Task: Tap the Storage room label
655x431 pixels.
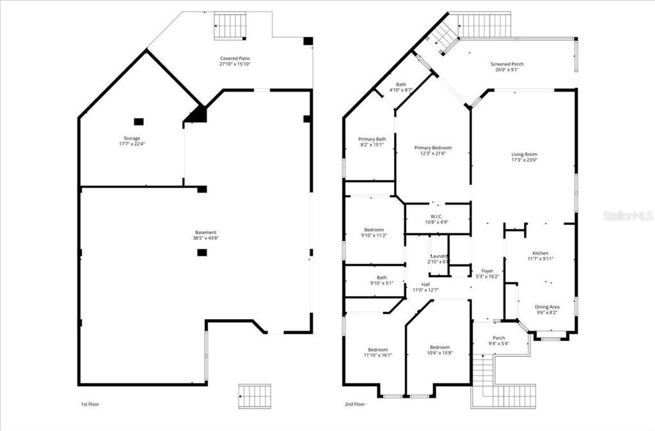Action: pos(132,138)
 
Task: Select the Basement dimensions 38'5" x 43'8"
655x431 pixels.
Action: pos(206,238)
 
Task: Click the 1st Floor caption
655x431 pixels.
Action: pos(90,404)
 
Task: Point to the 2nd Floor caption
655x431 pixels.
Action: pos(355,404)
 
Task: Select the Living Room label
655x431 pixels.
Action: pos(524,154)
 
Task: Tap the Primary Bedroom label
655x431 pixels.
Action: pos(436,148)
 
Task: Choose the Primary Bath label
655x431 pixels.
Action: pos(372,139)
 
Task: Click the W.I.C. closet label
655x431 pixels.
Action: pos(437,216)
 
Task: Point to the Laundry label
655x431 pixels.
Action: pos(439,256)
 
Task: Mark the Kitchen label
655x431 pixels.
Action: pos(541,253)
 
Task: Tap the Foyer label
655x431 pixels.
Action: pos(487,271)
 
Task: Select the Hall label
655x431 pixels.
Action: pos(425,285)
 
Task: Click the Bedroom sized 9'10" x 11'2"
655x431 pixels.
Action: pos(374,230)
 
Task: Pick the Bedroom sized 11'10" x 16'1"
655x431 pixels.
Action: pos(377,349)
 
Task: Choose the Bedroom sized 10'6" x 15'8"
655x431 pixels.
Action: pos(439,347)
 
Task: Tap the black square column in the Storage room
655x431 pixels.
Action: pos(139,121)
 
